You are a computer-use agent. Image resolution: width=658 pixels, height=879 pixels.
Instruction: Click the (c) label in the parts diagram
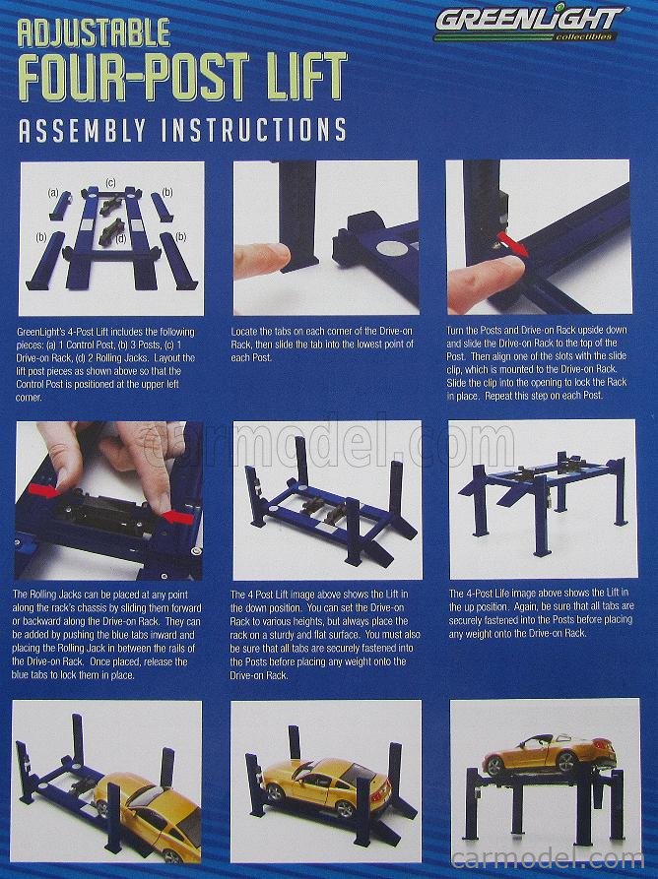click(x=111, y=183)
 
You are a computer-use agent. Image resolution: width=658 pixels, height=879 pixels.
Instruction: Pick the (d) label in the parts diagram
click(x=119, y=237)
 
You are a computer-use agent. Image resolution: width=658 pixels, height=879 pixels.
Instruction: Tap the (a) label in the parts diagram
click(x=53, y=193)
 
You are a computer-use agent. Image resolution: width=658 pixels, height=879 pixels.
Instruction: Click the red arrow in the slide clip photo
click(x=511, y=241)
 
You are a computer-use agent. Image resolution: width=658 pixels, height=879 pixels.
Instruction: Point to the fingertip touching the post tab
click(x=258, y=258)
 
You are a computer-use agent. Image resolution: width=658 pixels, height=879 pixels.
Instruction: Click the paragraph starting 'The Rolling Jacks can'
click(x=107, y=635)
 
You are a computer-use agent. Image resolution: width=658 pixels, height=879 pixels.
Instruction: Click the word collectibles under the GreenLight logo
click(x=585, y=37)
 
